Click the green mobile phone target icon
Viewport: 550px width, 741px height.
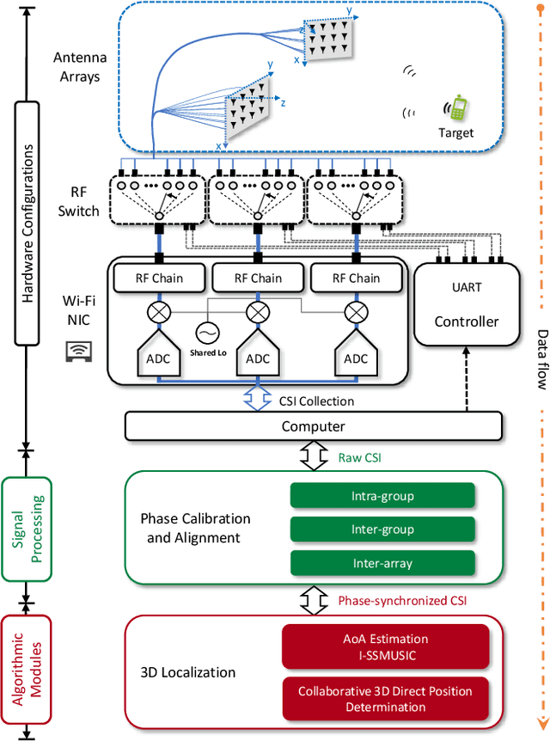point(458,109)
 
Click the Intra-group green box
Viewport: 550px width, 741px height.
point(382,495)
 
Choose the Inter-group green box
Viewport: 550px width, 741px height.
point(382,529)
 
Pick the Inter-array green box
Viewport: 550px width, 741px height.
point(382,563)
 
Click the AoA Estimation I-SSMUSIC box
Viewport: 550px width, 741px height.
point(385,646)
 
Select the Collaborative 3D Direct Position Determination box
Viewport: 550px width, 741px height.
point(385,699)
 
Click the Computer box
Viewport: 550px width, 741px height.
point(314,426)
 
